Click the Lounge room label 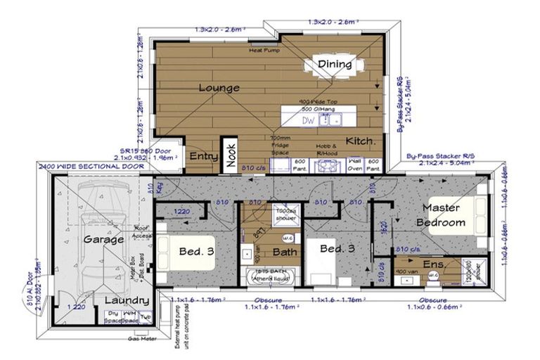[x=219, y=88]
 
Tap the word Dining [x=335, y=65]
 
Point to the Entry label [x=202, y=156]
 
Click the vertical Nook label [x=231, y=154]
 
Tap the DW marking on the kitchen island [x=308, y=120]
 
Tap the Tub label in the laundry [x=145, y=318]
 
